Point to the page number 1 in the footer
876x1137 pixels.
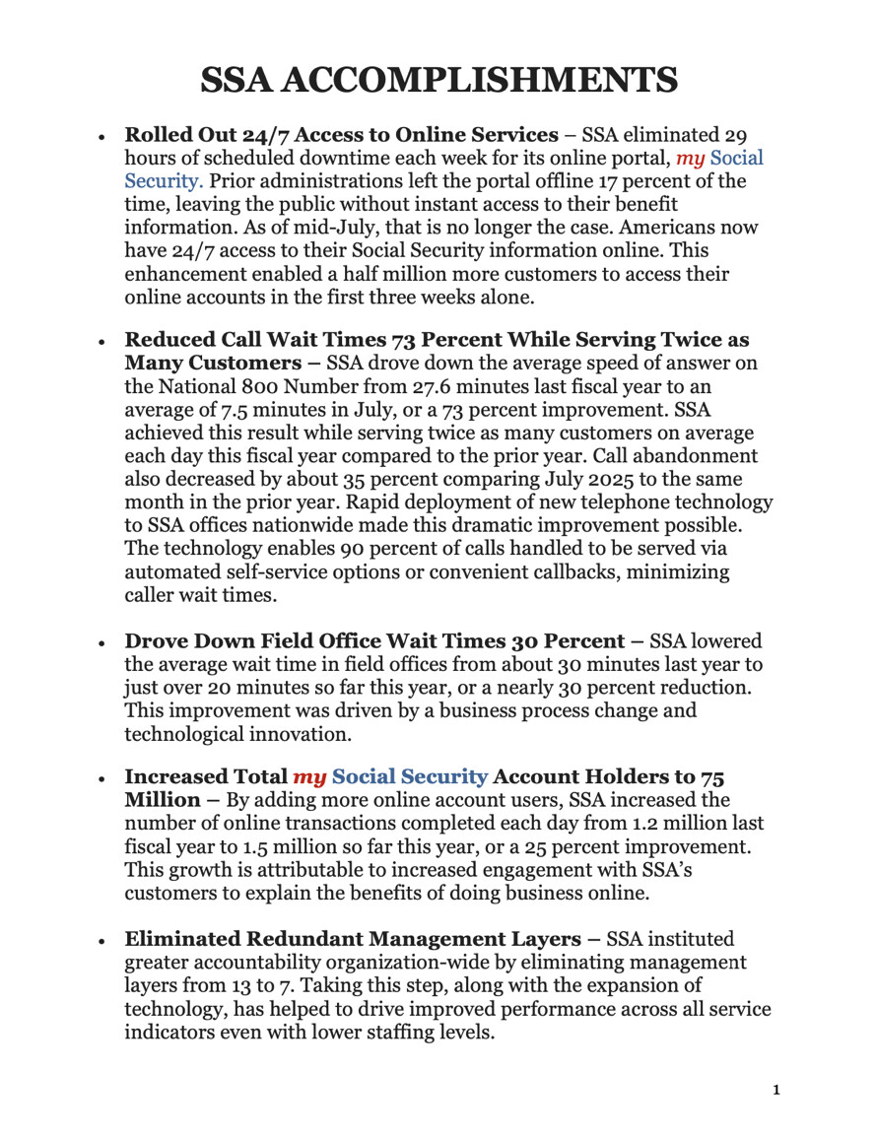[775, 1090]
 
